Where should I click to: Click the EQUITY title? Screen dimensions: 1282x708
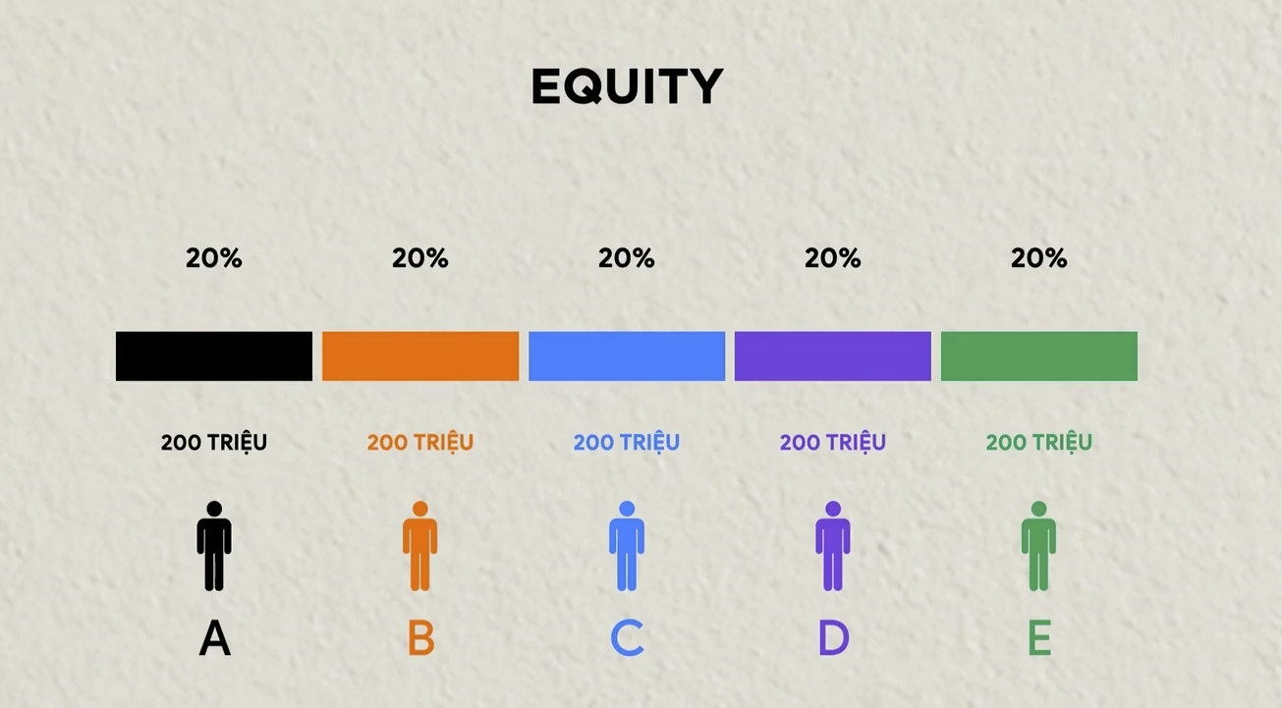click(627, 86)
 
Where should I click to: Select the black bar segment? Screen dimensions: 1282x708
click(214, 355)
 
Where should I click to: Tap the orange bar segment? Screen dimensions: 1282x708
click(420, 355)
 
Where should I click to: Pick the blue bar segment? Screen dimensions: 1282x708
click(627, 355)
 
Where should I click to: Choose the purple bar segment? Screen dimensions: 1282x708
click(833, 355)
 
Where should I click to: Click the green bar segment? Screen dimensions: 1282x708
click(1039, 355)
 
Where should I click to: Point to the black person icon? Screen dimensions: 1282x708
click(214, 546)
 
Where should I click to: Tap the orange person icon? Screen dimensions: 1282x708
click(420, 546)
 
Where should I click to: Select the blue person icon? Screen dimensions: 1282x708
click(627, 546)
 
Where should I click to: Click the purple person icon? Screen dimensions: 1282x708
click(833, 546)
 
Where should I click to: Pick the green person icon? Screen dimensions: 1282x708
click(1038, 546)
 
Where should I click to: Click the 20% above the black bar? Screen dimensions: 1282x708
click(214, 258)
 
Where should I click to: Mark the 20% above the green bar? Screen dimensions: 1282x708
click(1039, 258)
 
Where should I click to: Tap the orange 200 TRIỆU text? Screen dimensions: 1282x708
click(420, 443)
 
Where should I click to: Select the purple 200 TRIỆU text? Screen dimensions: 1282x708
click(833, 443)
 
